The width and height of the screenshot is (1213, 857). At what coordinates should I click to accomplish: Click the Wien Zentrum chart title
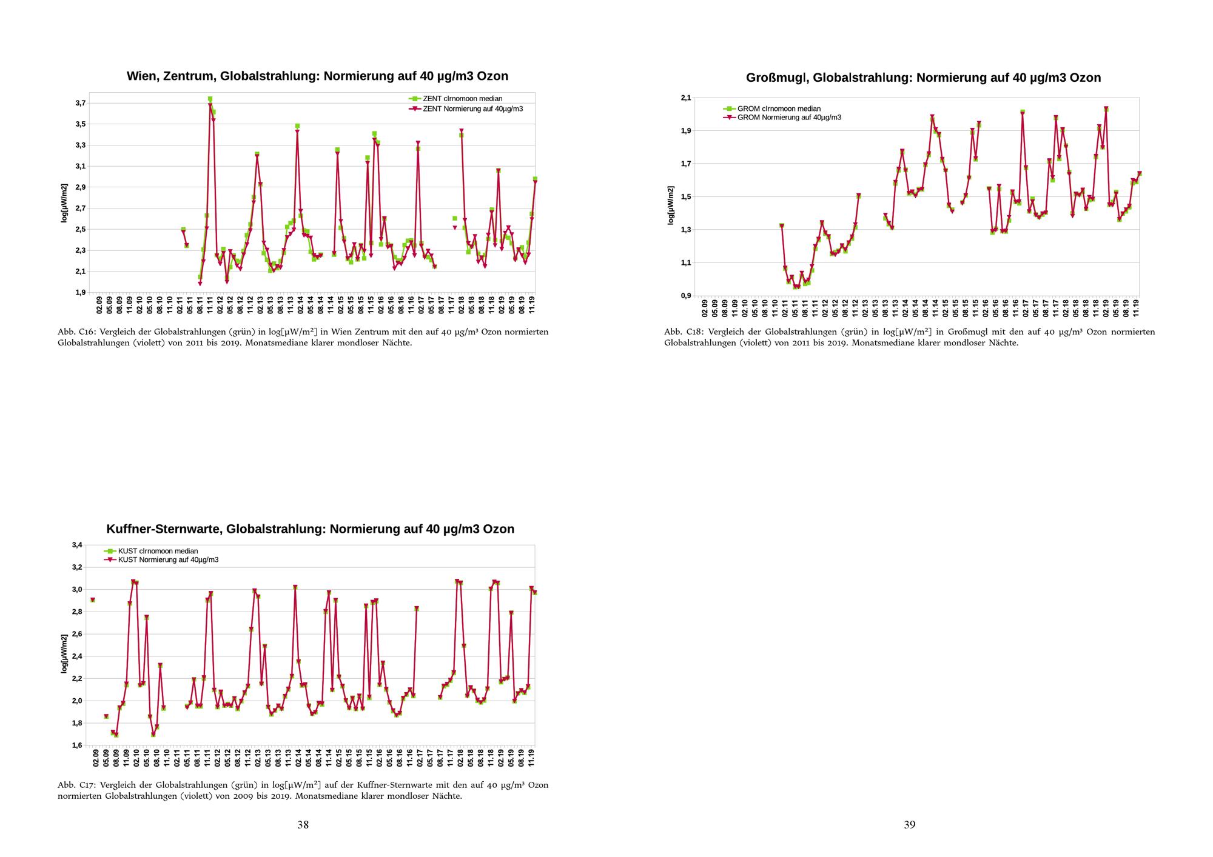pos(317,76)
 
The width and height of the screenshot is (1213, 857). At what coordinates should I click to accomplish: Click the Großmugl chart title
pos(923,78)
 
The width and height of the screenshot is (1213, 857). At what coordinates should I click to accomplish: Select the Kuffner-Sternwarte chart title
pos(310,529)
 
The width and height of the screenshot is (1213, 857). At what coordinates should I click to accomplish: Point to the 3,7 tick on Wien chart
pos(80,103)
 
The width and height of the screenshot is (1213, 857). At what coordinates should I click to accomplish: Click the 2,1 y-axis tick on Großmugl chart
pos(685,98)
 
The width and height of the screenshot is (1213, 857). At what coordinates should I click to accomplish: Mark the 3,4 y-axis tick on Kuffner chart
pos(77,545)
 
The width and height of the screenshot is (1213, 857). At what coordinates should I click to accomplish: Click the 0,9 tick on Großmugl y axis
pos(685,296)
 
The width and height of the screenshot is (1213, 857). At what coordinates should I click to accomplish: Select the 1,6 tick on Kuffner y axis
pos(77,745)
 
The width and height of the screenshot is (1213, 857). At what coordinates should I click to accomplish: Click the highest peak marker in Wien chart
pos(210,99)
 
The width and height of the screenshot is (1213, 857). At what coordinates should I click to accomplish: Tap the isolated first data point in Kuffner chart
pos(92,600)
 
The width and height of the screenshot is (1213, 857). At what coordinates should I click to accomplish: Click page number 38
pos(303,824)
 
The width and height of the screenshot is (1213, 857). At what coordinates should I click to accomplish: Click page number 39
pos(909,824)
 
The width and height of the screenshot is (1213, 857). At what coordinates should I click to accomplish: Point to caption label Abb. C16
pos(75,332)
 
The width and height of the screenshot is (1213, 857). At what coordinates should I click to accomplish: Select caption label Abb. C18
pos(682,332)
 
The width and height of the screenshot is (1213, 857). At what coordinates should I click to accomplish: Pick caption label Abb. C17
pos(75,785)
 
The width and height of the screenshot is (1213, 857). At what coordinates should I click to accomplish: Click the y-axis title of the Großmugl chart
pos(671,205)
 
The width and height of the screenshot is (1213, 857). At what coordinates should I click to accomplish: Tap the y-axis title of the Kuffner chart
pos(64,653)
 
